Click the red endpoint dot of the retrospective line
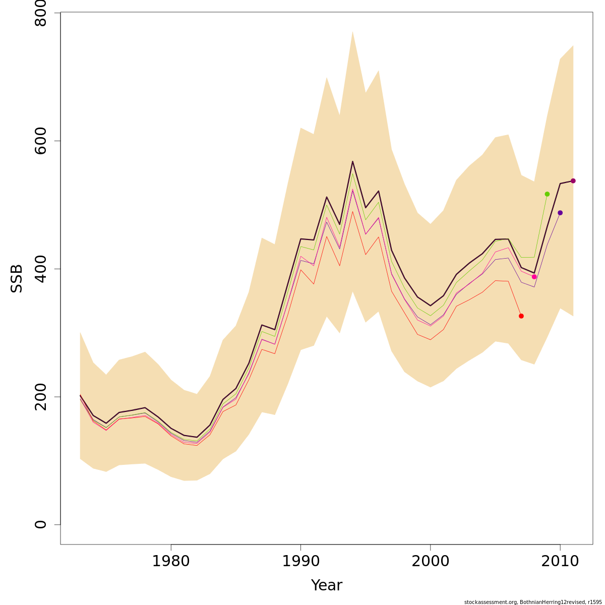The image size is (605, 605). (521, 316)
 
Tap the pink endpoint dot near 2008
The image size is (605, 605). (534, 277)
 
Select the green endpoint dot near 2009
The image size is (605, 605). (547, 194)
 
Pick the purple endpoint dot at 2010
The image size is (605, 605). (560, 213)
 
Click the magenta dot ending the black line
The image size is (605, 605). (573, 181)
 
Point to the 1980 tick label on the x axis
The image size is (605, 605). (171, 561)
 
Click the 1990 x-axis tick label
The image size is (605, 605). (300, 561)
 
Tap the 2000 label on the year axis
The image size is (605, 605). (430, 561)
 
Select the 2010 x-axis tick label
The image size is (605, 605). (560, 561)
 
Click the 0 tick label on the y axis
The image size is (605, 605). (41, 524)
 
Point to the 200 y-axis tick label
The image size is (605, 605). (41, 396)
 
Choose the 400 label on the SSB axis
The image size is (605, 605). (41, 269)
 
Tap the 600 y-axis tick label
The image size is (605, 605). (41, 141)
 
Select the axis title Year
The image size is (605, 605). (327, 585)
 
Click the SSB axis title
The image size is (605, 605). (17, 278)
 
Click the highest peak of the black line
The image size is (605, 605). (352, 161)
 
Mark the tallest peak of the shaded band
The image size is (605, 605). (352, 32)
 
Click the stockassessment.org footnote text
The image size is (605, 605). (532, 602)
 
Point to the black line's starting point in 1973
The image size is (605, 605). (80, 395)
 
